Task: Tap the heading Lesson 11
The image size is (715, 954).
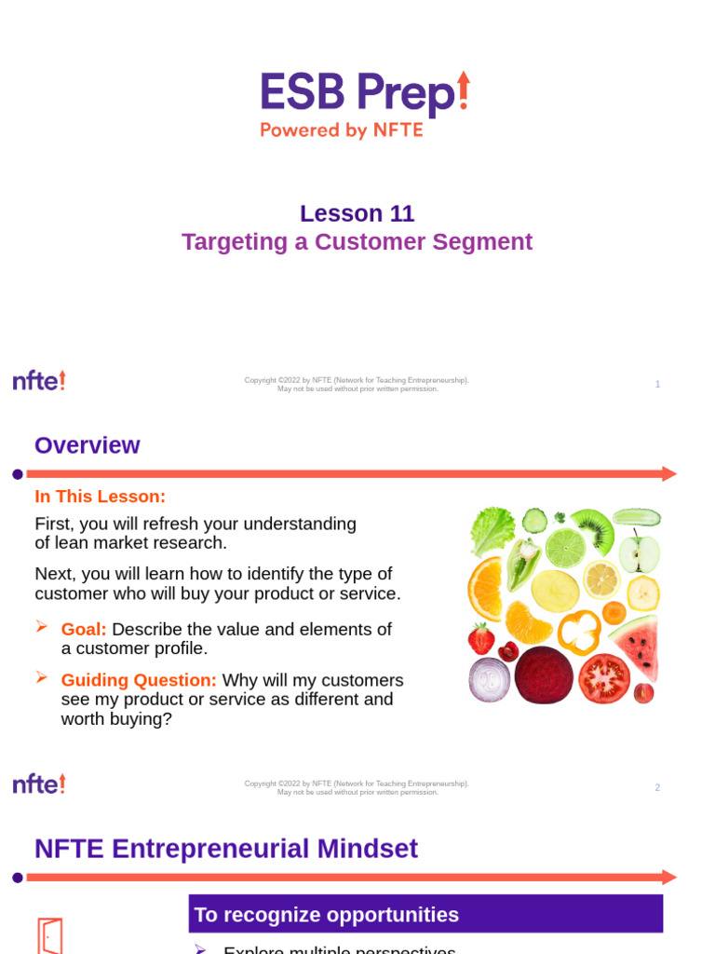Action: [357, 213]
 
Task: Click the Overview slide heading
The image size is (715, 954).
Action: [88, 445]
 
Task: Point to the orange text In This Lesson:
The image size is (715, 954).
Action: [100, 497]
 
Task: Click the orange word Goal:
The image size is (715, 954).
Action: [84, 630]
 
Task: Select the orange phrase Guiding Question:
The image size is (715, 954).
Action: [139, 681]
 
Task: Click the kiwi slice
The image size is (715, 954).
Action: [592, 528]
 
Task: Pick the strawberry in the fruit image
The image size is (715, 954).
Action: [481, 638]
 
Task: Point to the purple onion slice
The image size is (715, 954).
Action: [489, 679]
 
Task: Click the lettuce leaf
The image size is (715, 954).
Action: [492, 531]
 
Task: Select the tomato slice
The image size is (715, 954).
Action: [604, 677]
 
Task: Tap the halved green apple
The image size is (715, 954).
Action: [640, 553]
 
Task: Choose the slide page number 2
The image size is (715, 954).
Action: [657, 787]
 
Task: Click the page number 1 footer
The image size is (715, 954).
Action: [657, 384]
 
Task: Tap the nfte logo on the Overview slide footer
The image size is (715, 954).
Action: [39, 784]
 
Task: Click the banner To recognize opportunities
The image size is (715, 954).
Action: [425, 914]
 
